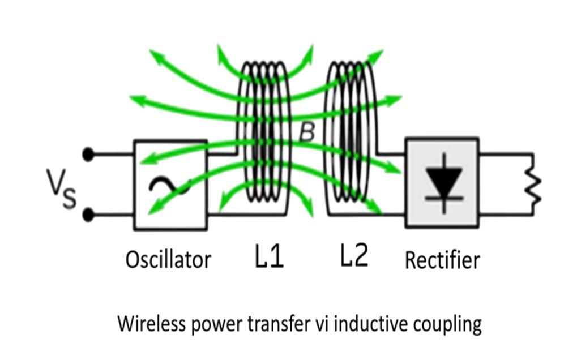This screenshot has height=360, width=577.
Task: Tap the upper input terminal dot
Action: click(x=88, y=154)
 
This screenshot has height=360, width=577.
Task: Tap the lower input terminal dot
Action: click(x=88, y=215)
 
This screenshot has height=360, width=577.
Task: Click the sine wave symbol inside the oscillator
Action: click(x=169, y=186)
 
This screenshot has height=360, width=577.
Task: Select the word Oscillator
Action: click(x=168, y=260)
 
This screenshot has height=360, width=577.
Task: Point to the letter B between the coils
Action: click(x=306, y=132)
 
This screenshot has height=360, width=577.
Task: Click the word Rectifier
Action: click(x=442, y=260)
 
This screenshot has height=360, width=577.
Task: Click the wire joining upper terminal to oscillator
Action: click(x=112, y=154)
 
